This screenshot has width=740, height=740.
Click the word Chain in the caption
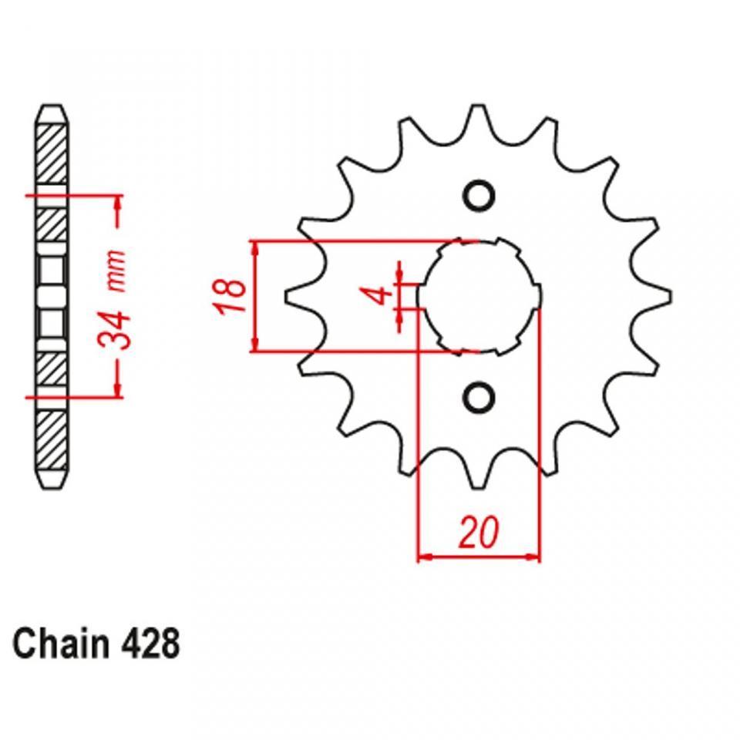pos(61,644)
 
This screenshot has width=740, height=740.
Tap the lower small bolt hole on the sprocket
pos(478,397)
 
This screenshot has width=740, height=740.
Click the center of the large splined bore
pos(479,296)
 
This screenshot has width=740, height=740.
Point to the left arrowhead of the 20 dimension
pos(424,557)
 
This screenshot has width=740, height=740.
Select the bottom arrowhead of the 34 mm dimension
pos(117,390)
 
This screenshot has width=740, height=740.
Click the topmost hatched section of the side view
pos(52,154)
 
